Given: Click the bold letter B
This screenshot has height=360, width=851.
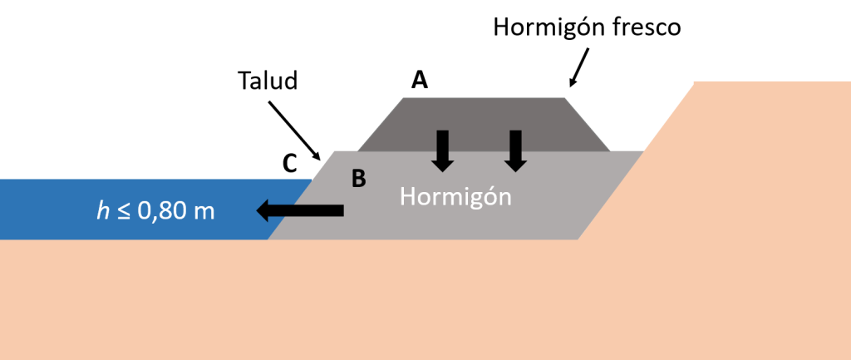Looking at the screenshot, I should coord(359,180).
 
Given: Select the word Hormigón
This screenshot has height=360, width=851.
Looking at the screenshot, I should coord(455,197).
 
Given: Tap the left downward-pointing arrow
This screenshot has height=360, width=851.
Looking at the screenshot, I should coord(443,150).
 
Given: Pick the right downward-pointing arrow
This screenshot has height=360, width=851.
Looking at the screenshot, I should coord(516,150).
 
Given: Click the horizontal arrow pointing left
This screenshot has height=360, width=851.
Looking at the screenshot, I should coord(300,211).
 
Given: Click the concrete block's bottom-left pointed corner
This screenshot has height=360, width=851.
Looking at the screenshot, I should coord(268,239).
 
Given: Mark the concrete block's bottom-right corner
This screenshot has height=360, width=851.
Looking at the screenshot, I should coord(578,239).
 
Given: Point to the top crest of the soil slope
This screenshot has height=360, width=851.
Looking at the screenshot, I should coord(695,82).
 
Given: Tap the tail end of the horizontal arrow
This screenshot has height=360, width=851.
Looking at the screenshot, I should coord(342,211).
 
